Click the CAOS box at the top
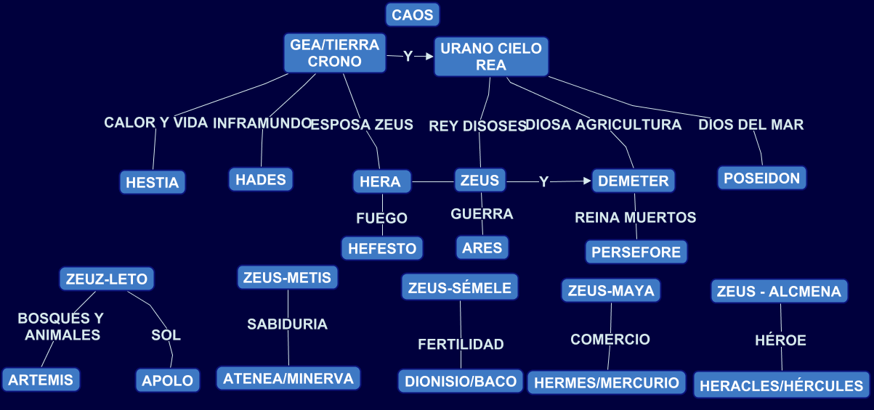pos(413,15)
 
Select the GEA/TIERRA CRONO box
pos(334,54)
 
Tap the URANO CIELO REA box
pos(491,57)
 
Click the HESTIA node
pos(152,182)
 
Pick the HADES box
pos(261,179)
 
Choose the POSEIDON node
pos(762,178)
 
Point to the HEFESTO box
pos(382,248)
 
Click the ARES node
pos(482,247)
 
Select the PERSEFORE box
pos(636,252)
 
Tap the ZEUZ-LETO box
pos(107,279)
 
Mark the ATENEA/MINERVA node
pos(288,378)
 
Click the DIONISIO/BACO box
pos(461,381)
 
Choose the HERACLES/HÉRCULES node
pos(782,386)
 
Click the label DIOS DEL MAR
pos(751,125)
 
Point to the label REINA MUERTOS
pos(636,217)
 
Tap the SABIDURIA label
pos(287,324)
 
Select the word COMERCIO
pos(610,339)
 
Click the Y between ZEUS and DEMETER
pos(543,181)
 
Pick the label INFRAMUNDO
pos(262,123)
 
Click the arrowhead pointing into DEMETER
pos(588,181)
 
